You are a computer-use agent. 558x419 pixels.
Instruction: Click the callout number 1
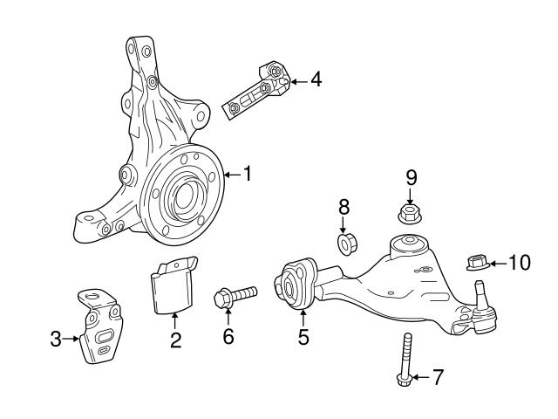coord(248,175)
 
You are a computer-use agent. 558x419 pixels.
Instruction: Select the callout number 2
coord(175,340)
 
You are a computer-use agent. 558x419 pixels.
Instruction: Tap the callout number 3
coord(57,339)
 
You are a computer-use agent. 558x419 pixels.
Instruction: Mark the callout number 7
coord(438,377)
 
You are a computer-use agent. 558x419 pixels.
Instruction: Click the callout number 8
coord(344,207)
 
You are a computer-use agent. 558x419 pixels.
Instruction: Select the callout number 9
coord(411,177)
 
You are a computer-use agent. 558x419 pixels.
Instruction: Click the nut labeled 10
coord(475,261)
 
